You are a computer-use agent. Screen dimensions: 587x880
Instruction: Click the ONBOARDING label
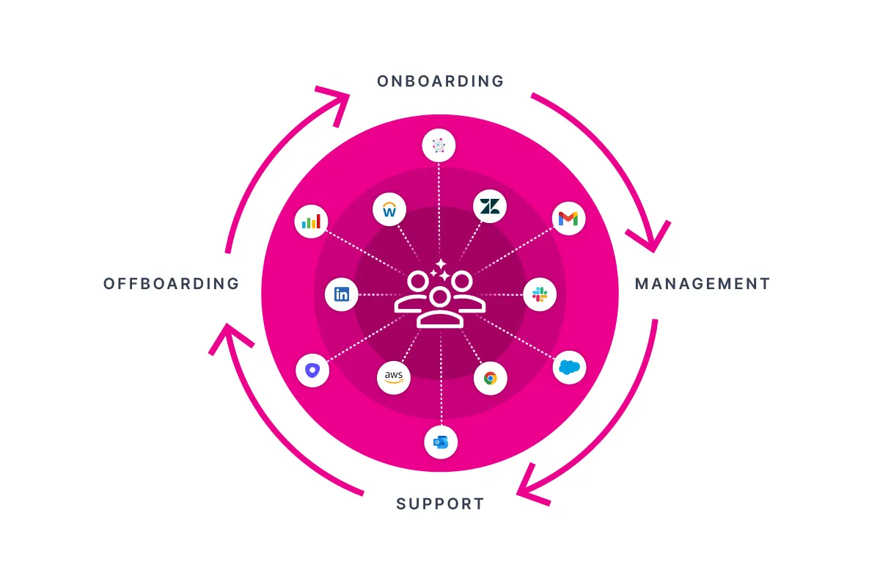click(440, 81)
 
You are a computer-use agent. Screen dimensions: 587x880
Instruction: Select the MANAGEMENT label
click(703, 284)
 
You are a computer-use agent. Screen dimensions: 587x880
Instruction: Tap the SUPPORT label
click(440, 504)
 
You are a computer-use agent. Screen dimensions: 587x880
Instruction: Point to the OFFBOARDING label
click(172, 284)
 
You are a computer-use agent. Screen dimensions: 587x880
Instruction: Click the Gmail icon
click(568, 219)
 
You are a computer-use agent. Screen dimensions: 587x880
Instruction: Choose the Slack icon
click(540, 295)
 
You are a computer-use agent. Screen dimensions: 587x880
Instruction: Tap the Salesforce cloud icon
click(569, 368)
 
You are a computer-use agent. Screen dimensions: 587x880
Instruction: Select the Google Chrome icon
click(490, 379)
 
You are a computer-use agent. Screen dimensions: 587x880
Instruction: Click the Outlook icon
click(441, 442)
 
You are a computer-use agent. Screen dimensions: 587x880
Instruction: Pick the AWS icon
click(394, 377)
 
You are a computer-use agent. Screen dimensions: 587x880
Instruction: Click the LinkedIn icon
click(342, 295)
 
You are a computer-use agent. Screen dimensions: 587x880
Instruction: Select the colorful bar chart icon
click(312, 221)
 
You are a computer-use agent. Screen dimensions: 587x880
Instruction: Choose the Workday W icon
click(389, 211)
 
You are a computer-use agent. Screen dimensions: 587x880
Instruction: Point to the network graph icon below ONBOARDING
click(439, 146)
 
